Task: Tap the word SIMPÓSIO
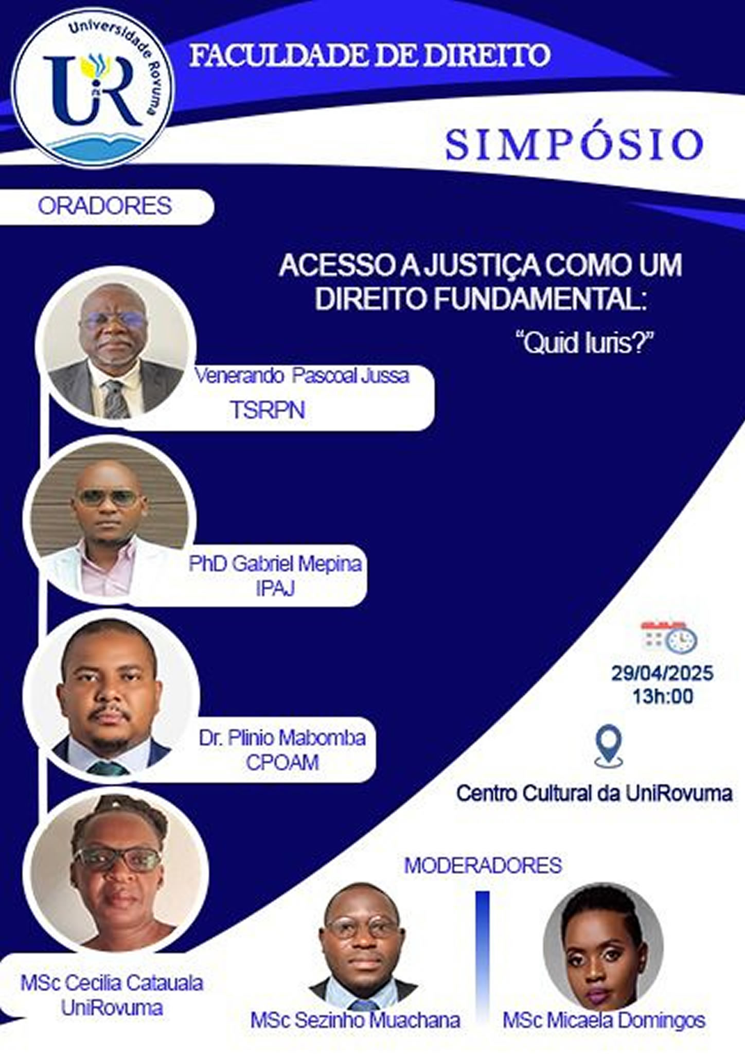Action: coord(574,144)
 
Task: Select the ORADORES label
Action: coord(105,206)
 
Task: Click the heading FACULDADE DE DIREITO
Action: coord(370,56)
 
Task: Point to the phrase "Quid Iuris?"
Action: coord(584,343)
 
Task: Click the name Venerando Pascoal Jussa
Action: coord(302,376)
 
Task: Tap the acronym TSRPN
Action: coord(268,410)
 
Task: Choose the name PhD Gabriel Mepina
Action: coord(275,564)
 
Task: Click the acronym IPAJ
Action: coord(275,588)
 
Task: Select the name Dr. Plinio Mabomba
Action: coord(282,737)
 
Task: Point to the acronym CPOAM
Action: coord(282,762)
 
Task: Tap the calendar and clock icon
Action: coord(668,636)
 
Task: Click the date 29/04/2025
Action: coord(662,673)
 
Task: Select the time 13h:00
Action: coord(663,696)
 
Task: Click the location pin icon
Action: coord(608,746)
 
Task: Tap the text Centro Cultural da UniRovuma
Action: coord(594,793)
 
